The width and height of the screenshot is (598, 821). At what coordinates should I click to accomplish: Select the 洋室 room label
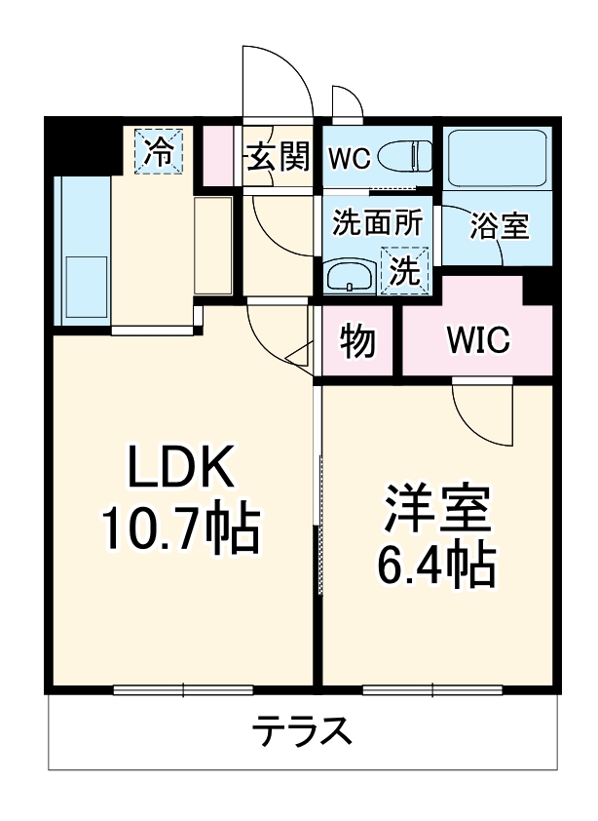436,508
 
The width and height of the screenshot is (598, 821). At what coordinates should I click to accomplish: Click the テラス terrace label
301,730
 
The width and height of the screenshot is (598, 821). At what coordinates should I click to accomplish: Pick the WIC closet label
478,340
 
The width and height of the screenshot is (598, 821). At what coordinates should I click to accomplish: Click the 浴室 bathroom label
499,225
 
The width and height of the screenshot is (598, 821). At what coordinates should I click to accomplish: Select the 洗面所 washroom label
377,222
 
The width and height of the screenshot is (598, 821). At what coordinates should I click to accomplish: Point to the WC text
349,158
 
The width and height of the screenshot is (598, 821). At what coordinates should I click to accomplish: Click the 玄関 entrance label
278,156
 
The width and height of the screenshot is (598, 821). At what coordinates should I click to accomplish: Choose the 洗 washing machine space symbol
404,270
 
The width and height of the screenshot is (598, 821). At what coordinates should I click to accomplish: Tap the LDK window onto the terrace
183,690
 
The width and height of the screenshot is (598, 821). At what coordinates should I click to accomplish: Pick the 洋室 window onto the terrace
432,690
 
